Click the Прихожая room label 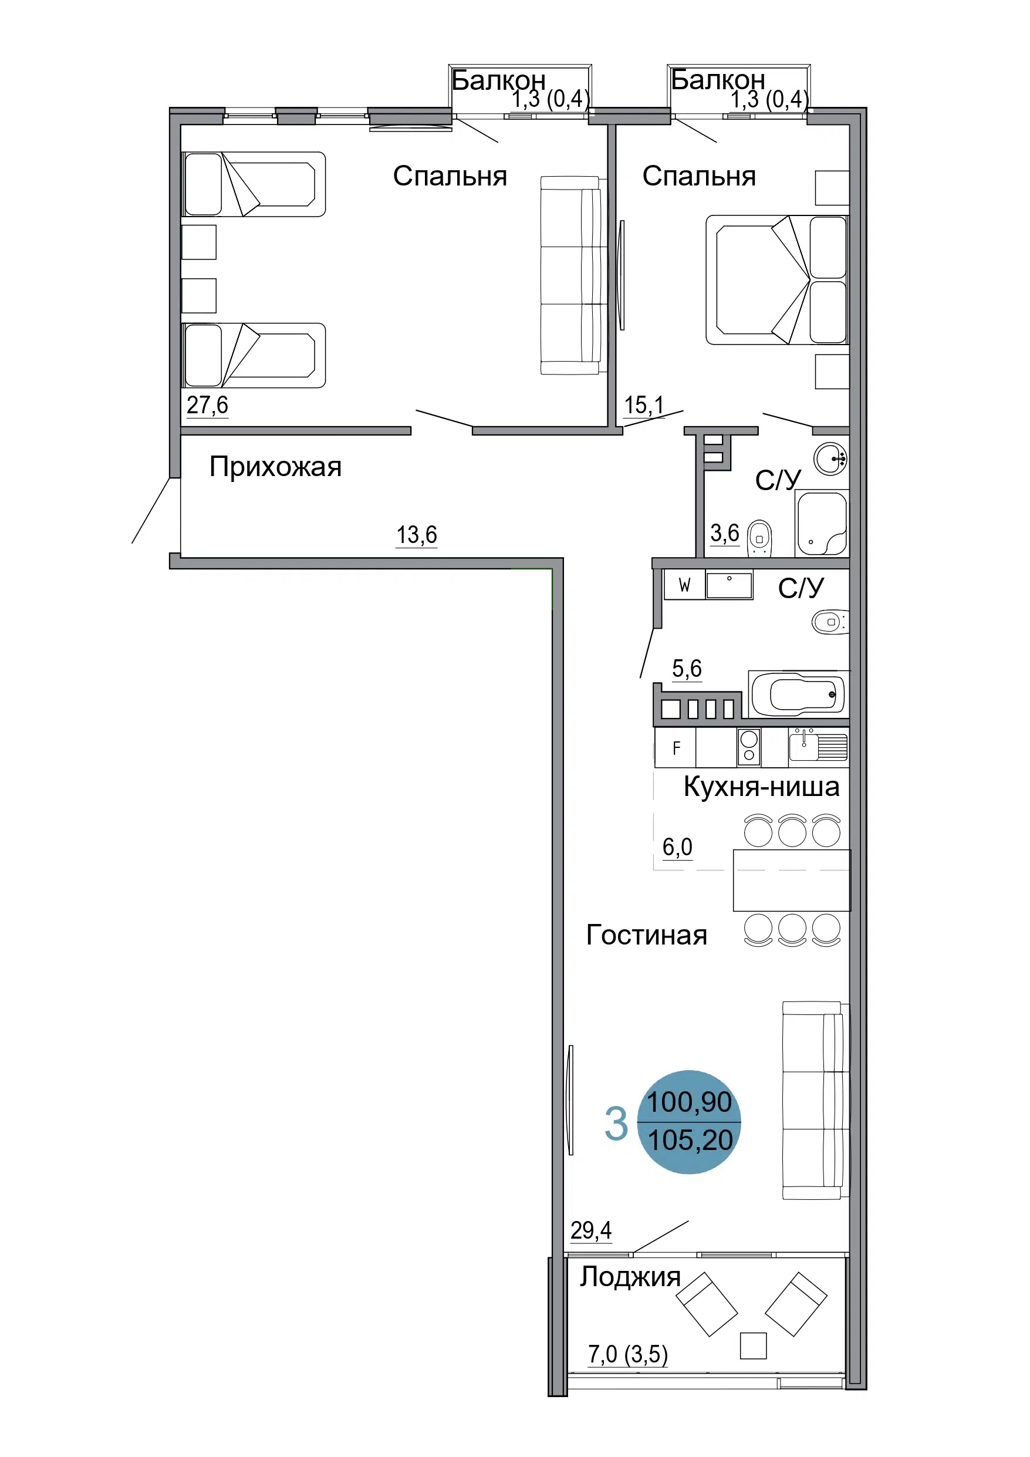[275, 467]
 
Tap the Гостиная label [646, 935]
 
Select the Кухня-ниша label [761, 787]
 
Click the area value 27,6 [207, 405]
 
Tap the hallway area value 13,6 [416, 535]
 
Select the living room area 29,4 [591, 1230]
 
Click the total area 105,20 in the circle [690, 1141]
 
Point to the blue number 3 [616, 1123]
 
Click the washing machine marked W [684, 585]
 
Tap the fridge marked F [676, 747]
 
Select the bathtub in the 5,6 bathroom [798, 694]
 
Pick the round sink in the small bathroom [830, 458]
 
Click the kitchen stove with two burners [749, 747]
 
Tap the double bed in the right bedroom [778, 280]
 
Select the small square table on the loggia [754, 1345]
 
